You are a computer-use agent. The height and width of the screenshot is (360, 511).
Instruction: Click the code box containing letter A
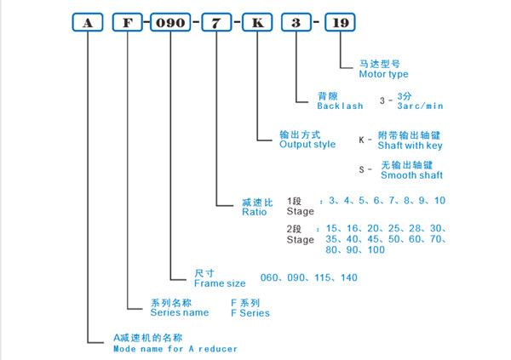click(87, 24)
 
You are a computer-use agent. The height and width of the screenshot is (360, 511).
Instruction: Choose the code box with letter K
click(256, 24)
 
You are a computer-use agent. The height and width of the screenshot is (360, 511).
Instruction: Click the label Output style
click(308, 145)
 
